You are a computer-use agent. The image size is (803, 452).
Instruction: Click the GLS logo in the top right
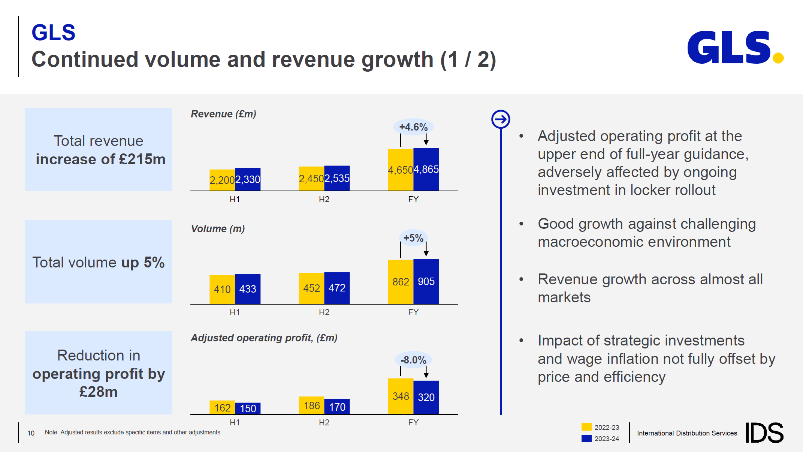coord(734,48)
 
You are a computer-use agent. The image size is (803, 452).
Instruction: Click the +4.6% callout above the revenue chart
coord(413,127)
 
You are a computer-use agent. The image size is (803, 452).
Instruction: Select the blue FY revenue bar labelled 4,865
coord(426,170)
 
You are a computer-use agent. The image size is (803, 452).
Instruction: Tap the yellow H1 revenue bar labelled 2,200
coord(222,180)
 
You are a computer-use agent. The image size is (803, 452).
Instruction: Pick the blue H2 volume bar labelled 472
coord(337,288)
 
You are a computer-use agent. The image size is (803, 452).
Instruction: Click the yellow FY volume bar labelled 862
coord(401,282)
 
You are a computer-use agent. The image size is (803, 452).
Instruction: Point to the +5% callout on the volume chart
coord(413,238)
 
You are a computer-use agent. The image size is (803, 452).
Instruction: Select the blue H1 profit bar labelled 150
coord(248,408)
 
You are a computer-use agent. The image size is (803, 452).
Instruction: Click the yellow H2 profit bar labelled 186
coord(311,405)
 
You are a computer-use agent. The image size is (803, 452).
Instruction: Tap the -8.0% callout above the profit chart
coord(413,360)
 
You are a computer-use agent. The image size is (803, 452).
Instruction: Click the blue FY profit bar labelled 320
coord(426,397)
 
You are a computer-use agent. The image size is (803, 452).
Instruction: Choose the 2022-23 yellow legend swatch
coord(586,427)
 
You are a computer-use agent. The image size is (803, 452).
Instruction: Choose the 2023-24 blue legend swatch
coord(586,438)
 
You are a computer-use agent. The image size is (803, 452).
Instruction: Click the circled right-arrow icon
coord(501,119)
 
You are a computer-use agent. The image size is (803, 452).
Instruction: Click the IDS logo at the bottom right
coord(764,432)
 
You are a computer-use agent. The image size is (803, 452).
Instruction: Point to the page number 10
coord(31,433)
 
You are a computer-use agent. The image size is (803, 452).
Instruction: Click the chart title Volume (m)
coord(218,229)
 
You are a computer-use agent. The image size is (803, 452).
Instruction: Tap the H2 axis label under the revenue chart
coord(324,199)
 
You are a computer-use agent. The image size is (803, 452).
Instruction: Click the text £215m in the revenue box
coord(142,159)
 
